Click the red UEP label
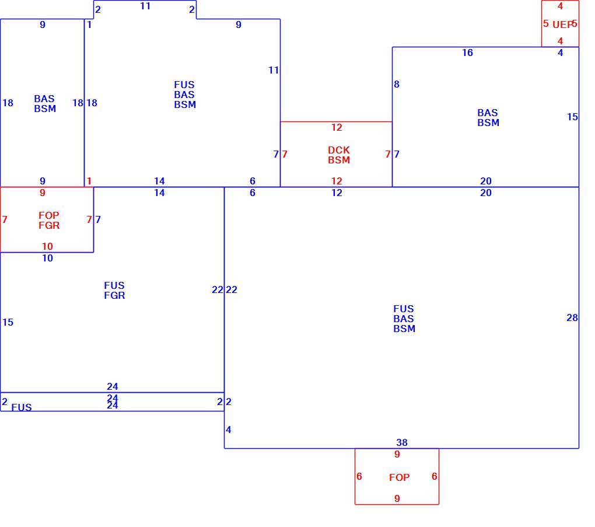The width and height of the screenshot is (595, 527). tap(562, 25)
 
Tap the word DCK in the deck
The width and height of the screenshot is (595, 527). tap(339, 150)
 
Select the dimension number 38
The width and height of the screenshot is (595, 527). tap(402, 442)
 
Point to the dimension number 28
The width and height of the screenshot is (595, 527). tap(572, 317)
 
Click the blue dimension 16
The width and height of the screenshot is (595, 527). tap(467, 53)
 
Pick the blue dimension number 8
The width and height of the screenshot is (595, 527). tap(397, 84)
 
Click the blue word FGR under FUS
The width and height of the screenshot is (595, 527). tap(114, 295)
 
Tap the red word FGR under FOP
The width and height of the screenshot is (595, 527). tap(49, 225)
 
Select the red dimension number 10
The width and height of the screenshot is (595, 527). tap(47, 246)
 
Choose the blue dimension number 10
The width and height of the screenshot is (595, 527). tap(47, 258)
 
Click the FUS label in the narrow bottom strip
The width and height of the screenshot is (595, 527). tap(22, 407)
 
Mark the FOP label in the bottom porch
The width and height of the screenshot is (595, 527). tap(399, 477)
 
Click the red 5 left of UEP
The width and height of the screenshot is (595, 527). tap(545, 23)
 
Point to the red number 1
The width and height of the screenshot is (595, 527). tap(89, 181)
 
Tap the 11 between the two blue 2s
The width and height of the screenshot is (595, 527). tap(145, 6)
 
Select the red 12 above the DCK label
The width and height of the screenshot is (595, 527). tap(337, 128)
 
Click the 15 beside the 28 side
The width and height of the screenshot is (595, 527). tap(572, 117)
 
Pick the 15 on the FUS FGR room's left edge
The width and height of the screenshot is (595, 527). tap(8, 322)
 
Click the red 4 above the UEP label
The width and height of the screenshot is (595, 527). tap(560, 6)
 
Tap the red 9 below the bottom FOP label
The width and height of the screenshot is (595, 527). tap(397, 498)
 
